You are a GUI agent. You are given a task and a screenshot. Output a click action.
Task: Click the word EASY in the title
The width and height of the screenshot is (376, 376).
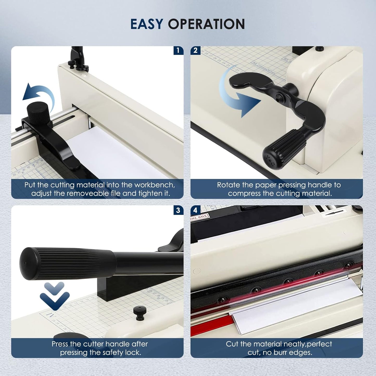coord(147,24)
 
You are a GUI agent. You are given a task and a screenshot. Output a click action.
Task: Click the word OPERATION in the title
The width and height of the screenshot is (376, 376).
coord(206,24)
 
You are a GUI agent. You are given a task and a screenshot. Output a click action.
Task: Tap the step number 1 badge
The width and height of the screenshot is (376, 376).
coord(178,50)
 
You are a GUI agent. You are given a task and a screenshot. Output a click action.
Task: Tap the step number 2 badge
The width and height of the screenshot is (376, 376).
coord(196,50)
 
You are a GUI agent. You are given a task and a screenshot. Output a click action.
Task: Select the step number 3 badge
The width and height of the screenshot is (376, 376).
coord(178,210)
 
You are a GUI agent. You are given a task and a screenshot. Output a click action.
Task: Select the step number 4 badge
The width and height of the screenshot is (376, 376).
coord(196,210)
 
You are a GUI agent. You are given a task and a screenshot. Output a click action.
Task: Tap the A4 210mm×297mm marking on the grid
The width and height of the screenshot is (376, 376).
coord(263,68)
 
